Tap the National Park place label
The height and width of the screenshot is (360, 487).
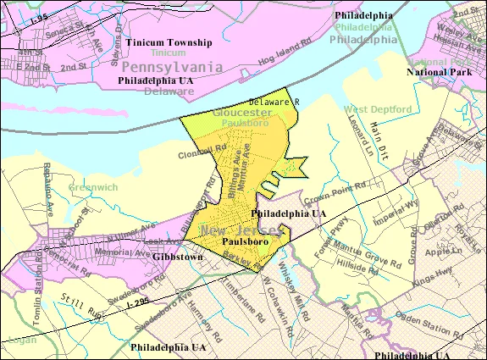coord(439,72)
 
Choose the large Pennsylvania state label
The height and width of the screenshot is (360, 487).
coord(172,66)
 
